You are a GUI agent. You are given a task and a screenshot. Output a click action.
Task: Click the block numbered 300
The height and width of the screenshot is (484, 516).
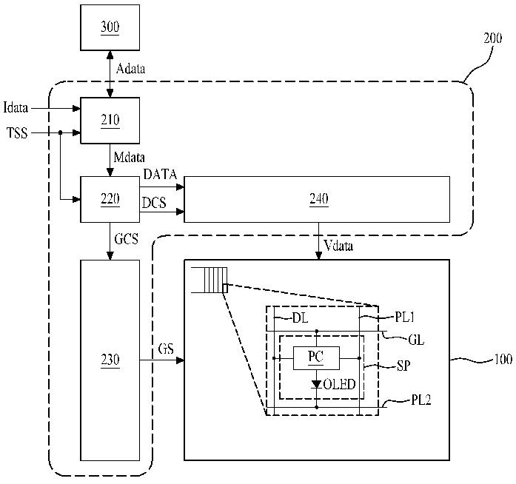(x=110, y=27)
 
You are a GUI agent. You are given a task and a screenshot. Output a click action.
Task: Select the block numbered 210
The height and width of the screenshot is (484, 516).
(x=110, y=121)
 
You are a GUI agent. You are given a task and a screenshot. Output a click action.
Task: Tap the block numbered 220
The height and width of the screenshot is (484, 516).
(x=110, y=199)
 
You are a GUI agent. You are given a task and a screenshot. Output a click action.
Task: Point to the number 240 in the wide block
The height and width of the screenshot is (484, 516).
(x=318, y=198)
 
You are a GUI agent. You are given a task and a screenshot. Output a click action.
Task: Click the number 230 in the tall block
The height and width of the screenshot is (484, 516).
(x=110, y=359)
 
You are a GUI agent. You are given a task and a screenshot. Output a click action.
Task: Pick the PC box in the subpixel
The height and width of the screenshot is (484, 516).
(x=316, y=358)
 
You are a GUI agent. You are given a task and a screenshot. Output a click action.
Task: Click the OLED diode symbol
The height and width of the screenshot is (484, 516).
(x=317, y=384)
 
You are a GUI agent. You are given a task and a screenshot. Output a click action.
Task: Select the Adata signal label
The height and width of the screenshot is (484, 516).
(x=130, y=68)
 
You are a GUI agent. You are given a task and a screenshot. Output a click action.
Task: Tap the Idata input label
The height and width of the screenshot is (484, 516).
(x=16, y=107)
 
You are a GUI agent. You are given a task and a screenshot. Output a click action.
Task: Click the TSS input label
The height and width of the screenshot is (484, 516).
(x=17, y=133)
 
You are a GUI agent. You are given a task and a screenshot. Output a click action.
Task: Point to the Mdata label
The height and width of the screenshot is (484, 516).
(x=129, y=157)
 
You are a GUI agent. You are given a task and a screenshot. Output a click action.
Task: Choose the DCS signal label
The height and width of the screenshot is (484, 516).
(x=154, y=203)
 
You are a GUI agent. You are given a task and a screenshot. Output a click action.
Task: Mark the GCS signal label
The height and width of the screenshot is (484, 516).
(x=126, y=239)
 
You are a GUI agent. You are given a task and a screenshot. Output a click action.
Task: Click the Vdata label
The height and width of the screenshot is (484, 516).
(x=338, y=246)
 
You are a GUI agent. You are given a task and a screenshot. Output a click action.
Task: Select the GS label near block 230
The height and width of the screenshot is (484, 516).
(x=166, y=349)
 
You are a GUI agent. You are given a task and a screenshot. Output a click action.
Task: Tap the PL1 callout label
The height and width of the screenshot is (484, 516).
(x=405, y=317)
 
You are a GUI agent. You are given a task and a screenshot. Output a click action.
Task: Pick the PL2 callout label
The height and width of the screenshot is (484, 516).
(x=421, y=400)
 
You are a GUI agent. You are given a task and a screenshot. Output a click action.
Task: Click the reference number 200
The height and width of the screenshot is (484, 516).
(x=492, y=38)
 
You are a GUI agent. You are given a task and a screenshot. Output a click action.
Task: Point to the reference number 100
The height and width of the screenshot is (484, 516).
(x=503, y=359)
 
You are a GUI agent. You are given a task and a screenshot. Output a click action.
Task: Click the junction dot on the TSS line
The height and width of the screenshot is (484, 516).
(x=60, y=132)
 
